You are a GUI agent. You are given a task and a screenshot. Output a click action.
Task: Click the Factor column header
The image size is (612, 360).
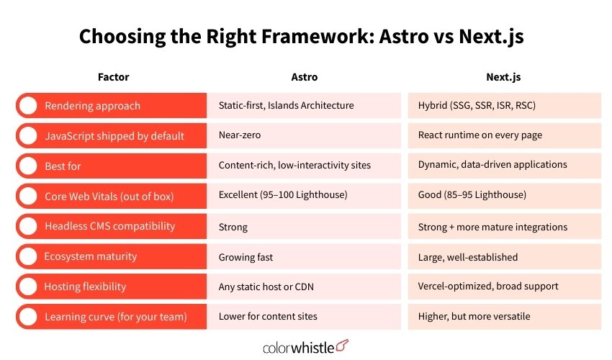tap(113, 77)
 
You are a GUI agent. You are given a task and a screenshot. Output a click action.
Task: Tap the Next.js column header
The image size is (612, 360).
tap(504, 77)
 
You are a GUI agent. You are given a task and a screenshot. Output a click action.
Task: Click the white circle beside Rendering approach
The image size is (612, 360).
tap(28, 106)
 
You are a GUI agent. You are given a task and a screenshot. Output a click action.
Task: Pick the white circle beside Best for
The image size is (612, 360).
tap(28, 166)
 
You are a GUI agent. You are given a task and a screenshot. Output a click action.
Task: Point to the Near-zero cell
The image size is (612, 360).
tap(240, 135)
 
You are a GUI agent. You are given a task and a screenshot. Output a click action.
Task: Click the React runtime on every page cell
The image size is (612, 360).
tap(480, 135)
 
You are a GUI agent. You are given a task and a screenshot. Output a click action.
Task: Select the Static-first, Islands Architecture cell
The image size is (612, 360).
tap(286, 106)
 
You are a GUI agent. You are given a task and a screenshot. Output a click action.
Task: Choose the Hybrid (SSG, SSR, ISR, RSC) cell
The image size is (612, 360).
tap(477, 106)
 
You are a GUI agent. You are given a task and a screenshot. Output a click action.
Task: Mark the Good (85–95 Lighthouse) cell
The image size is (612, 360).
tap(472, 196)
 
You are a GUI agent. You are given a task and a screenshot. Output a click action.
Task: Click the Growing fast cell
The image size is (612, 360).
tap(245, 256)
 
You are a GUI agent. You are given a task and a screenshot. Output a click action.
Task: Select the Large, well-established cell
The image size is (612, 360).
tap(468, 256)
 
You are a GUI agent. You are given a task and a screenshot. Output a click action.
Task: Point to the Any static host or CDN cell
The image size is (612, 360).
tap(266, 287)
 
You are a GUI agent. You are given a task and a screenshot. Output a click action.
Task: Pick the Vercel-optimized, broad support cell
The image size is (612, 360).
tap(488, 287)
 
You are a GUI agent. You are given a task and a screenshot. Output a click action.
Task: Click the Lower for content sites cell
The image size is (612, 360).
tap(268, 317)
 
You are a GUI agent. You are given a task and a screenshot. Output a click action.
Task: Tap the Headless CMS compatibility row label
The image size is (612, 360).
tap(109, 226)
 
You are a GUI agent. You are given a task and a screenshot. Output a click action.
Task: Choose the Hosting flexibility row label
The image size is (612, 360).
tap(85, 287)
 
